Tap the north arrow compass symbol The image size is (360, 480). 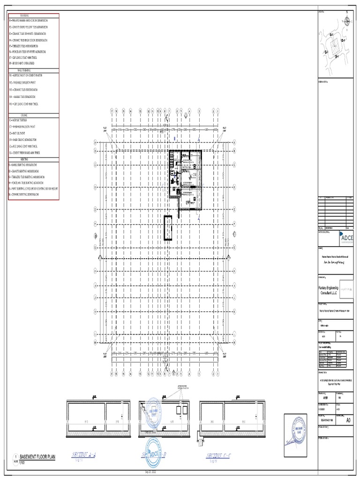click(346, 20)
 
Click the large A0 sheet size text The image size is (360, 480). click(347, 420)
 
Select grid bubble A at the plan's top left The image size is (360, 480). click(95, 142)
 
